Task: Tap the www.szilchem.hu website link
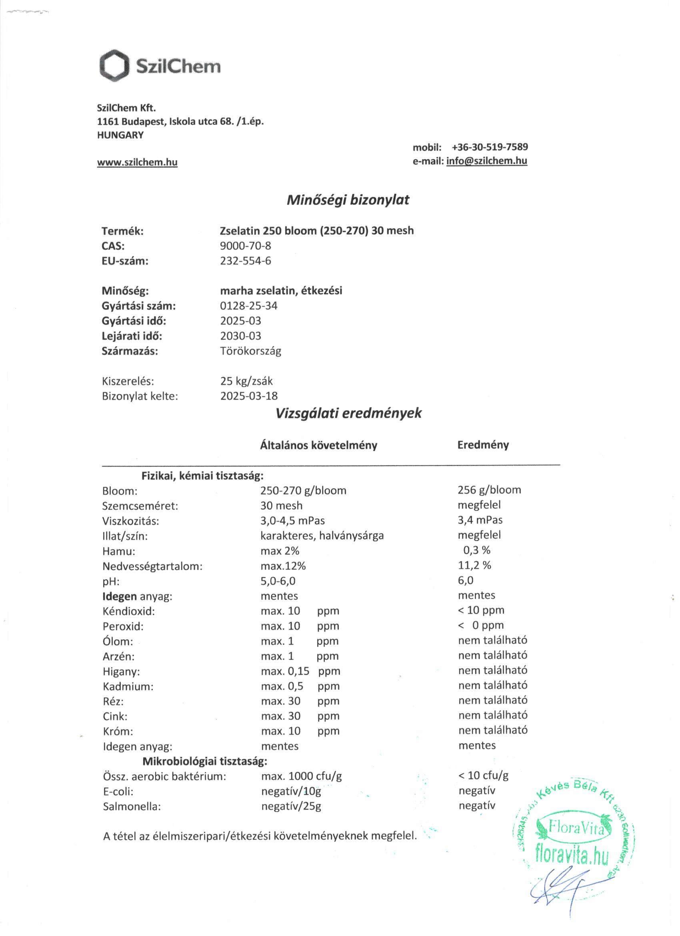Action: point(137,162)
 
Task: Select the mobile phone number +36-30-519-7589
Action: point(490,147)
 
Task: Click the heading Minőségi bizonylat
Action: point(348,200)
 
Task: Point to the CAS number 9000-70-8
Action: point(245,246)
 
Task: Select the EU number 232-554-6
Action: point(245,261)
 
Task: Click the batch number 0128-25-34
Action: point(249,306)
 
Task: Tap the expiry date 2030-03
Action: point(240,336)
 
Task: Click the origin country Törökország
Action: point(251,351)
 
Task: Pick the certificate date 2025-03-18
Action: point(249,396)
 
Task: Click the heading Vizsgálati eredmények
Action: point(348,414)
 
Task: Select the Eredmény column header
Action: point(483,445)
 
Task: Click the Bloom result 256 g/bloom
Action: point(489,490)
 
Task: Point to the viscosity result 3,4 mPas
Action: point(480,520)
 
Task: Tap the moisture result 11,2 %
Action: point(474,565)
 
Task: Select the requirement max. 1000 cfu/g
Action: point(302,776)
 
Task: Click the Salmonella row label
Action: point(132,806)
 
